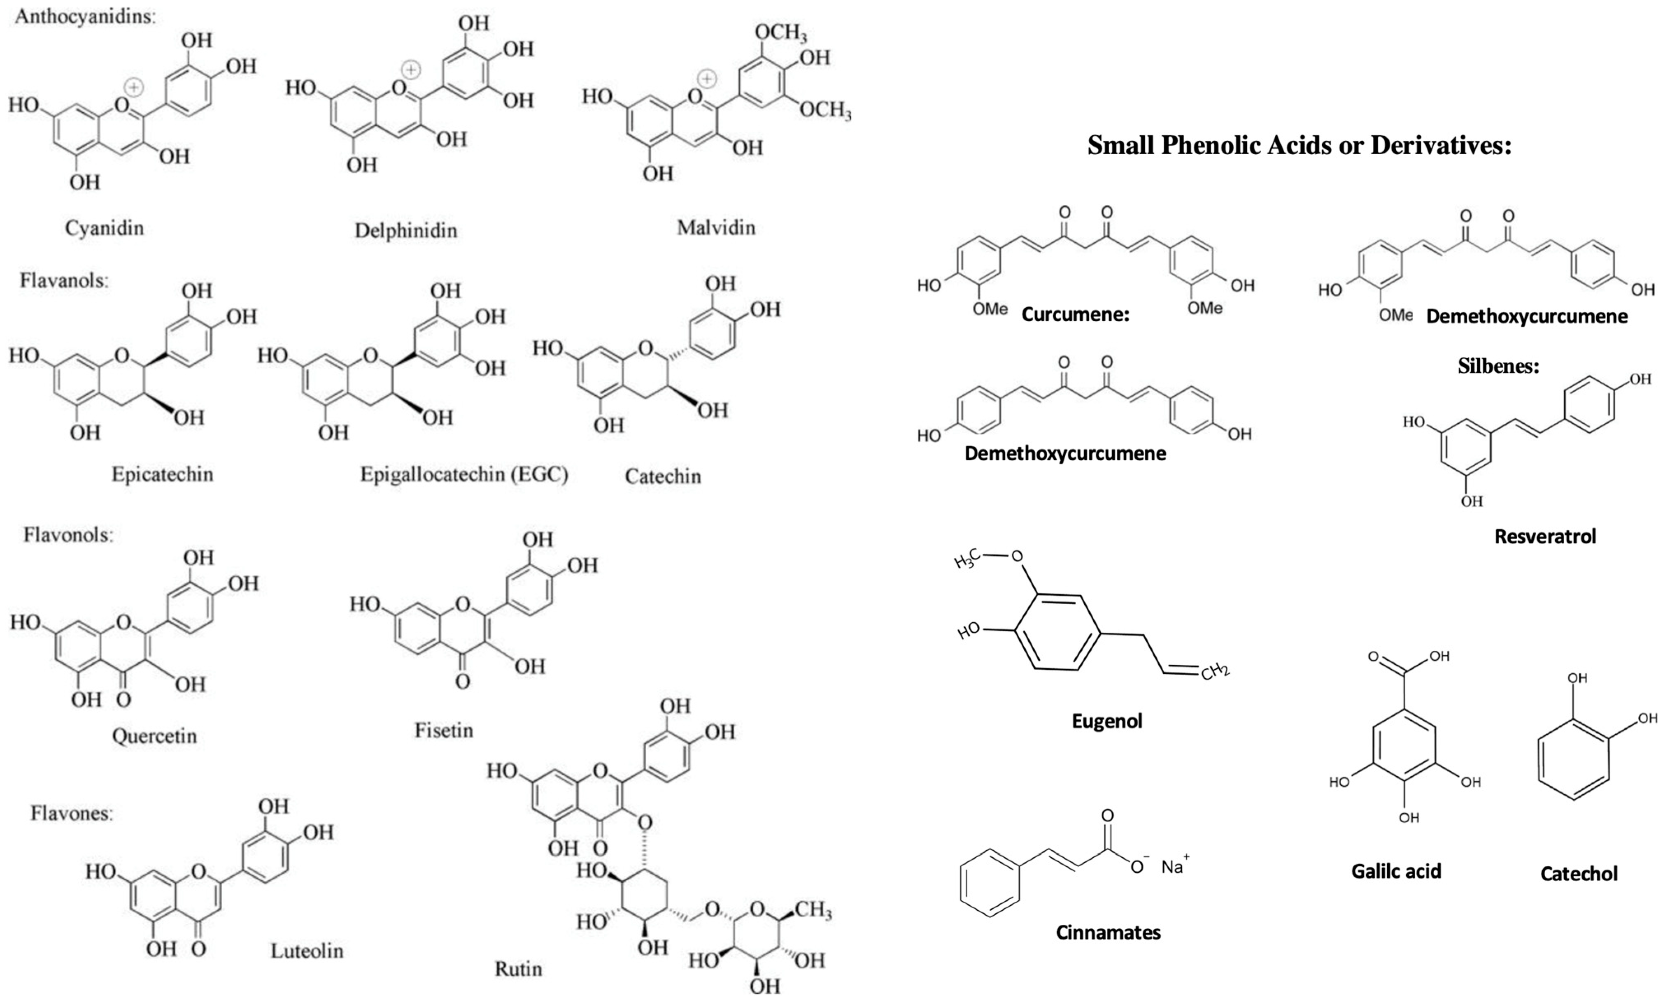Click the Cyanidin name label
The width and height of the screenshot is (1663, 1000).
105,228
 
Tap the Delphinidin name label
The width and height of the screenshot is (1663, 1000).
406,230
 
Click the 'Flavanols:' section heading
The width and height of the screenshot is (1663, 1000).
64,280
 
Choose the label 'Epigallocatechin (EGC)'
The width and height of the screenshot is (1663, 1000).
464,474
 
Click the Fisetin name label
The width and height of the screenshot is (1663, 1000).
444,730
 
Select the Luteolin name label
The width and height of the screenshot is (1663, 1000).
307,951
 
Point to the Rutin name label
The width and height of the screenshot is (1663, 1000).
518,969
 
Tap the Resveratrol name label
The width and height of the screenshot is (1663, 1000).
1545,536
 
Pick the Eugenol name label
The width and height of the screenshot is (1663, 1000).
1107,721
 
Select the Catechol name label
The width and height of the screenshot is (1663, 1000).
1579,874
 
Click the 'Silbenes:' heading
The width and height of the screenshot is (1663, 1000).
1498,366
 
